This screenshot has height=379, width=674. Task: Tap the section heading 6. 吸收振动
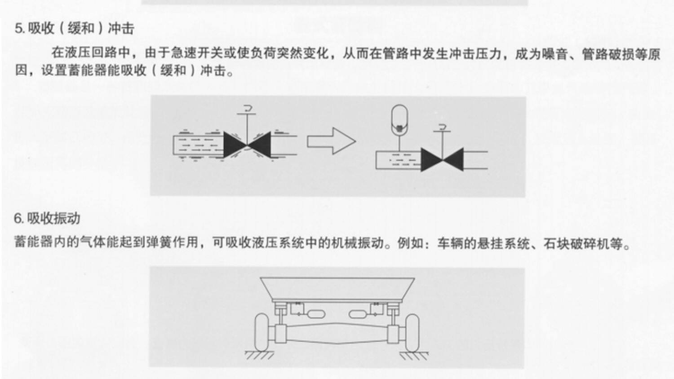click(x=47, y=219)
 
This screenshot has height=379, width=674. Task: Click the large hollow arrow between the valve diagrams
click(x=332, y=141)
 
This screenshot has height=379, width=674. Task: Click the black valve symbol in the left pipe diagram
click(x=247, y=144)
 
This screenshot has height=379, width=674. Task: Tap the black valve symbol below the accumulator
click(x=442, y=160)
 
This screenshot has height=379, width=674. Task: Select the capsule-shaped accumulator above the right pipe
click(x=399, y=119)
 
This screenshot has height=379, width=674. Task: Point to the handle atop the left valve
click(x=247, y=110)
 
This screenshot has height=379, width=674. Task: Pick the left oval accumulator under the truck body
click(x=315, y=313)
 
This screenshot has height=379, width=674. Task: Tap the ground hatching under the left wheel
click(x=259, y=355)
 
